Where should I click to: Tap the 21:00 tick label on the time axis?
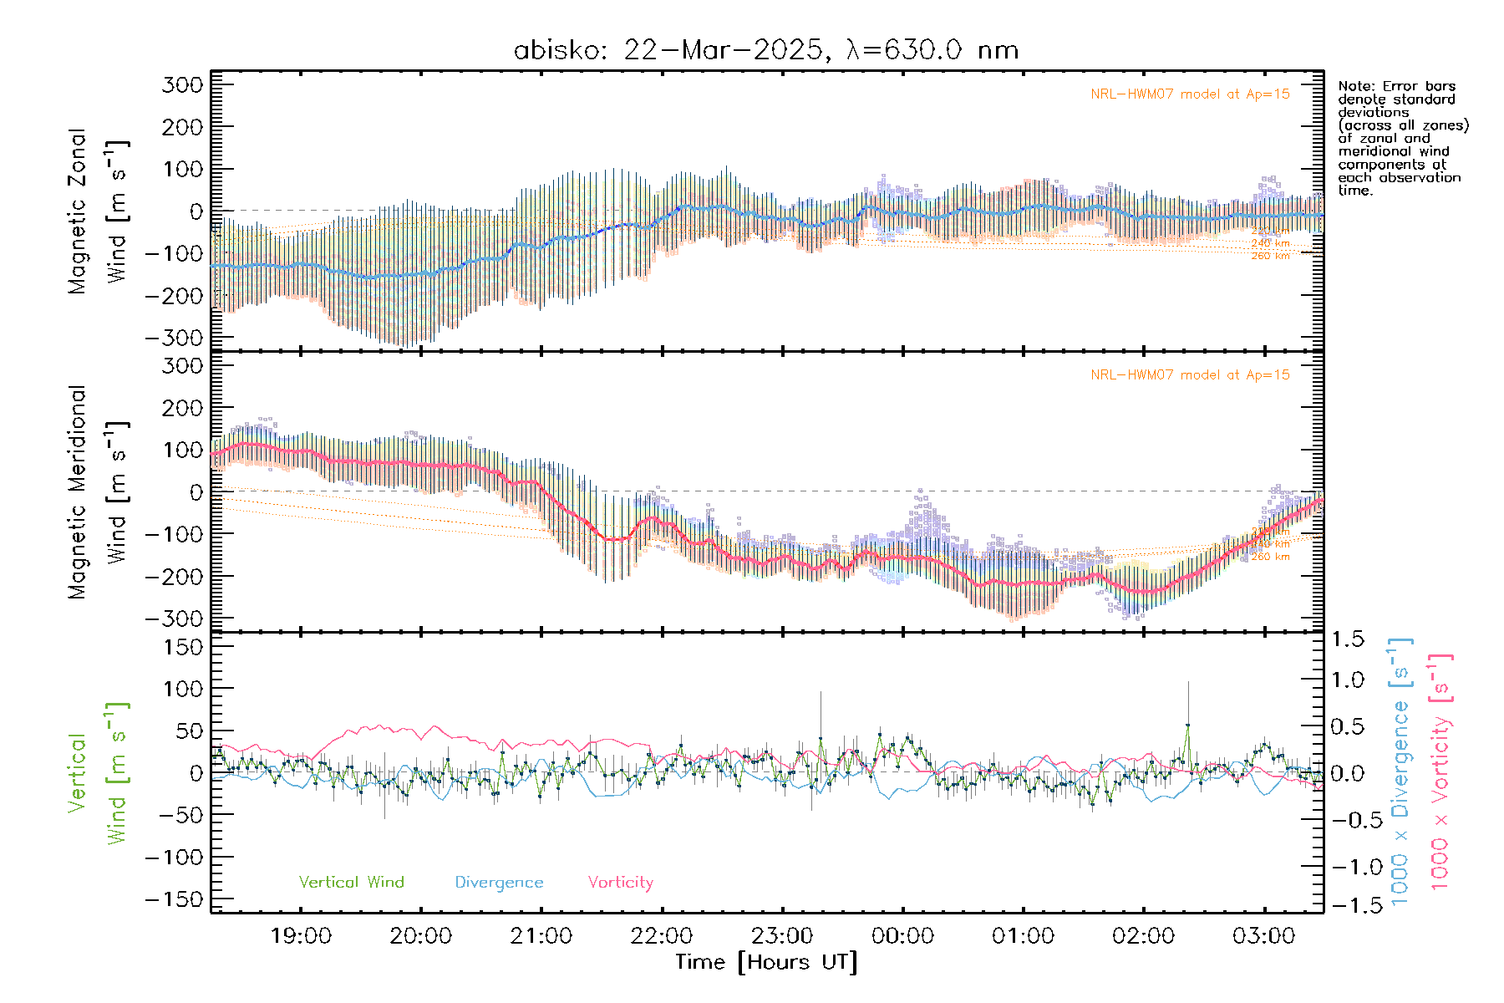click(x=541, y=935)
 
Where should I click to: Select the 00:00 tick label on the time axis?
click(x=902, y=935)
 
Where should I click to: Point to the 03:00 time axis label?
click(x=1263, y=935)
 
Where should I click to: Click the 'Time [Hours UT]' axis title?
click(x=766, y=962)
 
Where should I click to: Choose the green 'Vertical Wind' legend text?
click(x=351, y=882)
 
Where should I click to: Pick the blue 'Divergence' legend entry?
click(x=499, y=882)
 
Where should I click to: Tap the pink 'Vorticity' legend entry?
click(x=620, y=882)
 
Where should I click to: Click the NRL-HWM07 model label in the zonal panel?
click(x=1190, y=94)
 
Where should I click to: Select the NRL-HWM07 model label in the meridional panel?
click(x=1190, y=375)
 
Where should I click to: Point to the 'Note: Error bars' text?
click(x=1396, y=87)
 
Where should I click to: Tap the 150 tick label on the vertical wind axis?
click(x=183, y=647)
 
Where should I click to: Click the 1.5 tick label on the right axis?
click(x=1348, y=639)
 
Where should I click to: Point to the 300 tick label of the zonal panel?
click(x=183, y=85)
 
